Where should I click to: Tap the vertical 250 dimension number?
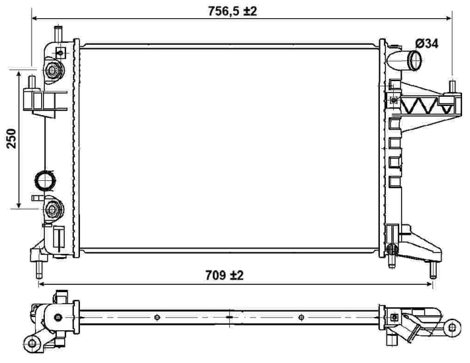point(10,139)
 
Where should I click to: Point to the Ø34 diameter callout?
point(427,43)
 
